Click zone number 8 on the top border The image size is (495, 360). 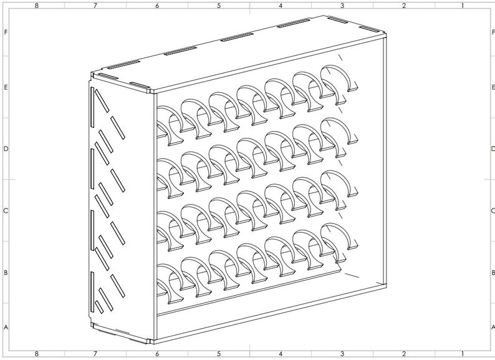(37, 6)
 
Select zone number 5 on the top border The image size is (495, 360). (219, 6)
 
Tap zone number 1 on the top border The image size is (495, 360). (462, 6)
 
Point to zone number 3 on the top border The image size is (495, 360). (342, 6)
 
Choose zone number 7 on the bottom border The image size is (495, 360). (95, 354)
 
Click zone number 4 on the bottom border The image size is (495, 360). (281, 354)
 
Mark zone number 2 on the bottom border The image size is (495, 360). (404, 354)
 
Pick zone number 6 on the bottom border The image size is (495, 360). (156, 354)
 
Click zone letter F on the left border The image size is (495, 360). (6, 32)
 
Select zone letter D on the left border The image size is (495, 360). (6, 148)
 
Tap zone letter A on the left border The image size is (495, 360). (6, 327)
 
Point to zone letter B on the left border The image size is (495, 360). (6, 273)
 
